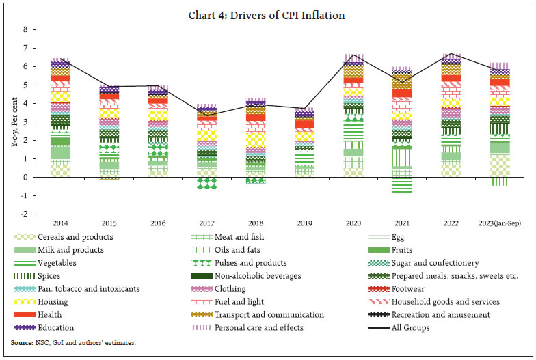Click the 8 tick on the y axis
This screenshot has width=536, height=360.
(x=25, y=30)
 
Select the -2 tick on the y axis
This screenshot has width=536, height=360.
(x=24, y=214)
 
